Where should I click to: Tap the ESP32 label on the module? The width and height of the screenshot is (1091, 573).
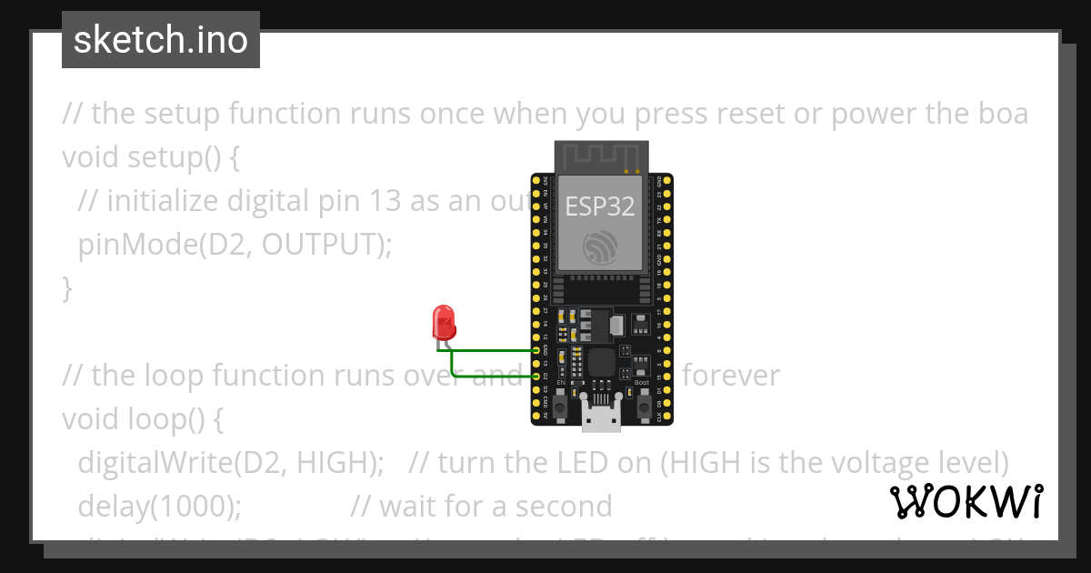[x=600, y=206]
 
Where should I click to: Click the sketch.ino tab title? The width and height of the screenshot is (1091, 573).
[x=161, y=40]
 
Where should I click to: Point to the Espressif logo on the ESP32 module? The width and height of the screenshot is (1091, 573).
[x=600, y=248]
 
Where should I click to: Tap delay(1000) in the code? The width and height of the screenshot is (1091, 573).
[x=160, y=506]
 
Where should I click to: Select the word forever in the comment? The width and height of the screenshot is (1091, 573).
[x=731, y=376]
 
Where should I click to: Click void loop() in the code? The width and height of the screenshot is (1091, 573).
[x=142, y=419]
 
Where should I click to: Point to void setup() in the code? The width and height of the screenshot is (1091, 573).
[x=151, y=157]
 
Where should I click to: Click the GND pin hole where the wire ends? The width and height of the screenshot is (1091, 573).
[x=536, y=349]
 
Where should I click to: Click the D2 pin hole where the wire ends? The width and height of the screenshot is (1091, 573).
[x=536, y=376]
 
